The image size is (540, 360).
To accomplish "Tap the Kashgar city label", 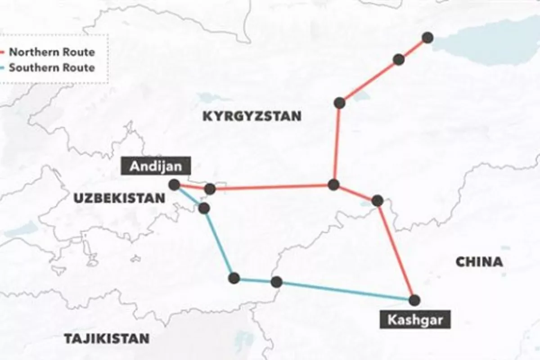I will tap(413, 320).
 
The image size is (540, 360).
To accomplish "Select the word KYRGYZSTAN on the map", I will tap(252, 116).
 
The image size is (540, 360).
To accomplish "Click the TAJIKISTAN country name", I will tap(106, 338).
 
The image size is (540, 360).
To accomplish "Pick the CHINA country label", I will tap(479, 262).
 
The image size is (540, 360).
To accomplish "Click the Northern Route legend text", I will tap(52, 52).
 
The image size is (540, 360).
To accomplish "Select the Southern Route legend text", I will tap(52, 68).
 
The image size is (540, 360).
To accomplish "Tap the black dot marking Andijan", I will tap(174, 184).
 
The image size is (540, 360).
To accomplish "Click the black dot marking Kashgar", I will tap(414, 300).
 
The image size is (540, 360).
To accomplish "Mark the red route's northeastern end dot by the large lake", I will tap(427, 38).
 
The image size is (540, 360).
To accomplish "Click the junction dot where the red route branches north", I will tap(333, 184).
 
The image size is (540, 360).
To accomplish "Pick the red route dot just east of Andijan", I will tap(210, 189).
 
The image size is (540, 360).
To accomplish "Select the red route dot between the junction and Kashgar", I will tap(378, 200).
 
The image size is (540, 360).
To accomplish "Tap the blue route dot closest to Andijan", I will tap(204, 207).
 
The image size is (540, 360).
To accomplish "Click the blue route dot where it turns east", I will tap(234, 278).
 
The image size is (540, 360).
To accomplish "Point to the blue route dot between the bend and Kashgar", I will tap(276, 282).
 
